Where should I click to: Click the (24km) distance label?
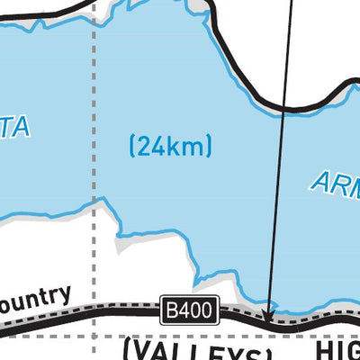[170, 144]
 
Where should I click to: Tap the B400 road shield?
[189, 311]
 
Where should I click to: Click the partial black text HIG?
[337, 349]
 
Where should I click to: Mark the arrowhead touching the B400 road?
[266, 316]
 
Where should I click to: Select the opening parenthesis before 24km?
[133, 144]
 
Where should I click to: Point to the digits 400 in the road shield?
[197, 311]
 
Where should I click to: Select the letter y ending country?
[65, 297]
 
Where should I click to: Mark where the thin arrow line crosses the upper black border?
[285, 108]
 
